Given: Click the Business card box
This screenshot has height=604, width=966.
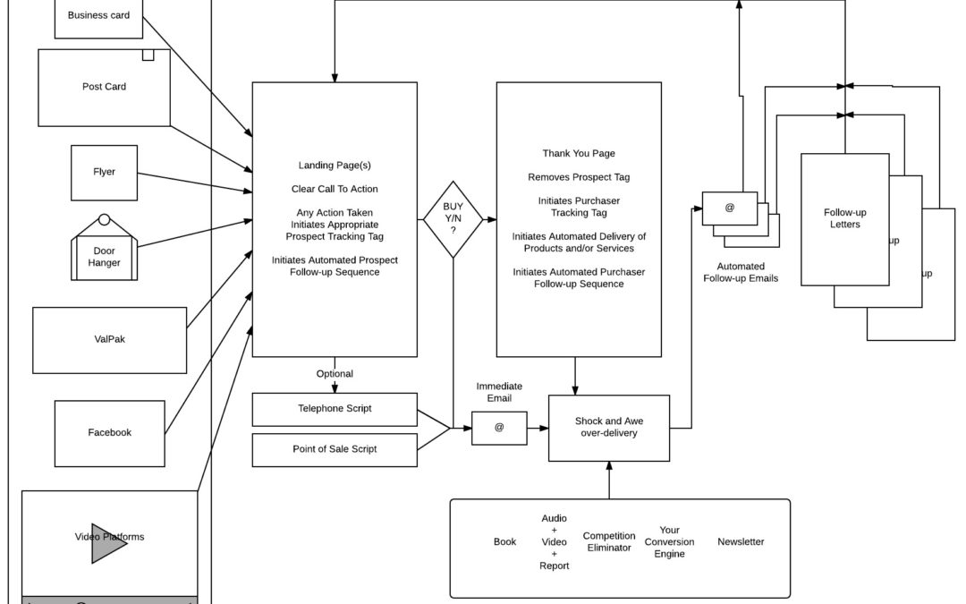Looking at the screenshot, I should (x=98, y=16).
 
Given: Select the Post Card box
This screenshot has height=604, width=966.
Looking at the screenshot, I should (x=104, y=87).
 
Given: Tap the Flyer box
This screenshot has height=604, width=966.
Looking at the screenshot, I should (x=104, y=172).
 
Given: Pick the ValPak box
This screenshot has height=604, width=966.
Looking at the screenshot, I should (x=109, y=340).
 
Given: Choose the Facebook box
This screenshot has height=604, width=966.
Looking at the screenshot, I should (x=109, y=432).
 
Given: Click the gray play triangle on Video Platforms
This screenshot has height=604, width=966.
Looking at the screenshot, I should (x=108, y=543).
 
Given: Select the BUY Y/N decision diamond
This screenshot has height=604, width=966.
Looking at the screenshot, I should (x=453, y=219).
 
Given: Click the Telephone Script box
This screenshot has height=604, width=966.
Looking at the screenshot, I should (x=335, y=409).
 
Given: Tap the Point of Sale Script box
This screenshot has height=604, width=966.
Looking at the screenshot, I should (x=335, y=449).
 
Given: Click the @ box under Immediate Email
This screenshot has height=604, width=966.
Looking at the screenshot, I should (x=499, y=428).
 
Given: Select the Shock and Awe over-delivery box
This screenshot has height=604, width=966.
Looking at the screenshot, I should (x=608, y=428).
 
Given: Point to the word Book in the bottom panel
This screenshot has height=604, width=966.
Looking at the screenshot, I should (x=504, y=541).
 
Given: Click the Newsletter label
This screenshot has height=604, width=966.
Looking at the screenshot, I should (x=741, y=541).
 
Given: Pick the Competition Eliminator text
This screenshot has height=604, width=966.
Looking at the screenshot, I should (x=609, y=541).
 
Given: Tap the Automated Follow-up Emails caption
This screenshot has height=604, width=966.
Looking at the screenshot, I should (x=741, y=272).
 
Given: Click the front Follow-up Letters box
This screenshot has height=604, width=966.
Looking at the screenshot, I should (x=844, y=219).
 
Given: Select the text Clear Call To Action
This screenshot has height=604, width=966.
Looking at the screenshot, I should (x=335, y=189).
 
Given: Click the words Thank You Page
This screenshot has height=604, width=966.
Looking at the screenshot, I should (x=579, y=154).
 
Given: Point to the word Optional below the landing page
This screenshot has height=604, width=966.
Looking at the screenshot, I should (x=335, y=374).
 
